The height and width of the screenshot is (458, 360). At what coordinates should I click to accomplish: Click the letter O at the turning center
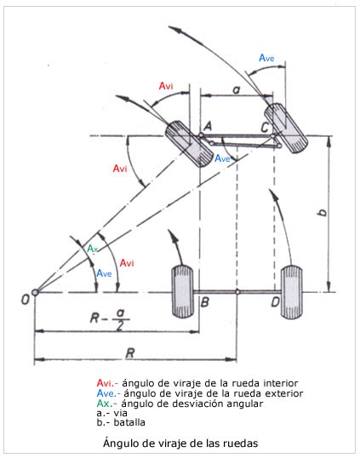click(x=26, y=298)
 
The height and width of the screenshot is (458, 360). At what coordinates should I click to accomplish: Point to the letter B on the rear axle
click(x=204, y=302)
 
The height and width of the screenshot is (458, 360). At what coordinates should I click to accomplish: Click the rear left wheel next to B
click(x=181, y=292)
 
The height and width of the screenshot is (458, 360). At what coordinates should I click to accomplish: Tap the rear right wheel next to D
click(x=293, y=292)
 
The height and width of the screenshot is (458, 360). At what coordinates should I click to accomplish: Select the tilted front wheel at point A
click(x=188, y=143)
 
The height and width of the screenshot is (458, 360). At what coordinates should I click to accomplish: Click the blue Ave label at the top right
click(x=266, y=58)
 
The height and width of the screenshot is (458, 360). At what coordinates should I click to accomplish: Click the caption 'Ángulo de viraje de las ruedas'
click(x=180, y=444)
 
